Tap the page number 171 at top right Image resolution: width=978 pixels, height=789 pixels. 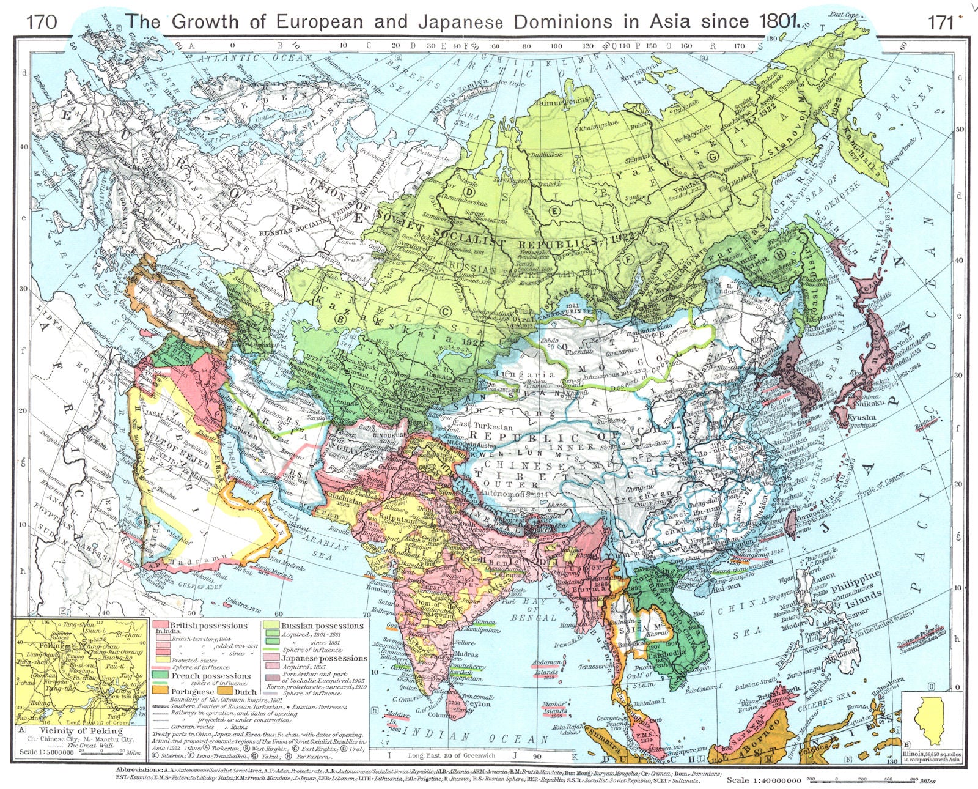(x=941, y=22)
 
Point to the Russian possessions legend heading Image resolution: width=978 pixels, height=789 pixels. (x=322, y=626)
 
